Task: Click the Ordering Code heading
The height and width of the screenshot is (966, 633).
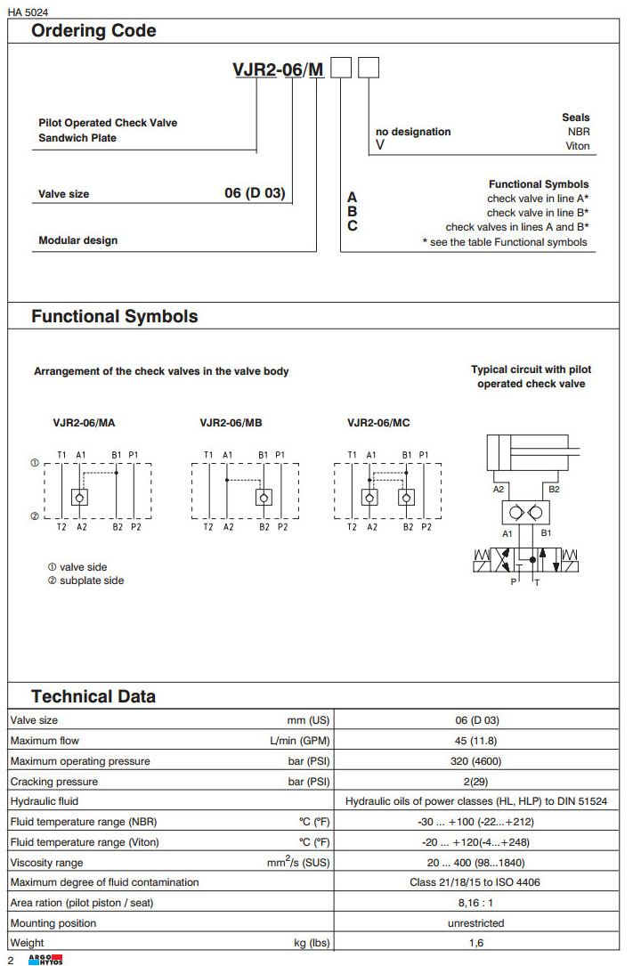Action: [93, 31]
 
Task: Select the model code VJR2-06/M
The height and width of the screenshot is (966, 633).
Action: [279, 71]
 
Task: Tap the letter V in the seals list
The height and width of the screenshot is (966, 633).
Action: [380, 145]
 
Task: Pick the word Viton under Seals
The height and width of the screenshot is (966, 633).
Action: [577, 146]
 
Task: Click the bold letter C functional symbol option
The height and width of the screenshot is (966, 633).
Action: [353, 226]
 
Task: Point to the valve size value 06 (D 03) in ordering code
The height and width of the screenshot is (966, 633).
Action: [255, 193]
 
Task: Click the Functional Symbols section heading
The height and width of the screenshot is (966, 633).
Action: [114, 317]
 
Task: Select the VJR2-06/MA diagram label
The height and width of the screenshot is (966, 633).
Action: [84, 423]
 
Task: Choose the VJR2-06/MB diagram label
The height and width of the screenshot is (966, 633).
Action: [231, 423]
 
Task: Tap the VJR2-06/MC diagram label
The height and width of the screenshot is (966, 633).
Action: [378, 423]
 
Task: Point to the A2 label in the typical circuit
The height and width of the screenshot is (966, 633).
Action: [499, 489]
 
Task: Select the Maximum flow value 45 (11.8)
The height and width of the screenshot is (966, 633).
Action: [476, 741]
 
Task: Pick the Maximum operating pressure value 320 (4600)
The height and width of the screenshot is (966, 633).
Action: [476, 761]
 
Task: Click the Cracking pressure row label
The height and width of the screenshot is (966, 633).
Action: [54, 782]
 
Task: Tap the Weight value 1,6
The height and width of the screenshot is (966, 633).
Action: [476, 943]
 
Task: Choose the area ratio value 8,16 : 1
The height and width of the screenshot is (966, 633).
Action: [476, 903]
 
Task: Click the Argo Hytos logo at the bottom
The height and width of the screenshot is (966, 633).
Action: [45, 959]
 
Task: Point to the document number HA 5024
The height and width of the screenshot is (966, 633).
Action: [28, 10]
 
